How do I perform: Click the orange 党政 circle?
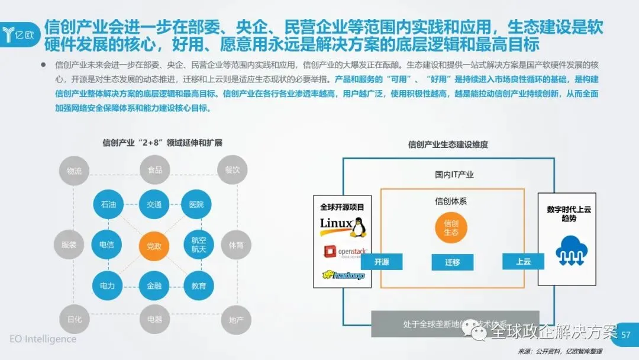coord(154,245)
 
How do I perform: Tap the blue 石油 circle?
coord(108,204)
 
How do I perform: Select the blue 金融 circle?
coord(154,286)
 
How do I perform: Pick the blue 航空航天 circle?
coord(198,245)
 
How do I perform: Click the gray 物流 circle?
coord(74,171)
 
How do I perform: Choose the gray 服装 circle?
coord(69,245)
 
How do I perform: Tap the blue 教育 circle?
coord(198,286)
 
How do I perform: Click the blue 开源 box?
coord(382,262)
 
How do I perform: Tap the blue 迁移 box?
coord(453,262)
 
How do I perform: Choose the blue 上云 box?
coord(523,261)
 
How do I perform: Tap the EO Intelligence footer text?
coord(43,339)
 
